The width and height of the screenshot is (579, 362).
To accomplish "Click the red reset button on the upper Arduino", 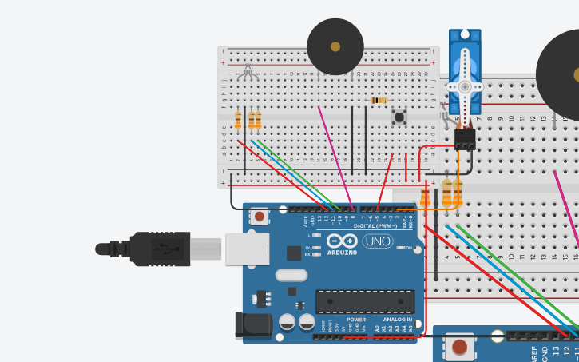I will pyautogui.click(x=260, y=216).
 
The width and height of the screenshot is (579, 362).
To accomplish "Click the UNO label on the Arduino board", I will pyautogui.click(x=378, y=241).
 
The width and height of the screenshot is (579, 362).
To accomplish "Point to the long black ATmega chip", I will pyautogui.click(x=365, y=301).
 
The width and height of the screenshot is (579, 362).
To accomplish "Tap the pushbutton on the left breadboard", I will pyautogui.click(x=398, y=118).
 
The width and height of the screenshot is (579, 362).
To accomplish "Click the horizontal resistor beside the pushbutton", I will pyautogui.click(x=379, y=100).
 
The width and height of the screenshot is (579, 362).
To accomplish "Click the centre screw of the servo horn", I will pyautogui.click(x=464, y=86).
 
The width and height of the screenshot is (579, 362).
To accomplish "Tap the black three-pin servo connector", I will pyautogui.click(x=464, y=140).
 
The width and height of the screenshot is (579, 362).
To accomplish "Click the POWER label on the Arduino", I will pyautogui.click(x=356, y=320).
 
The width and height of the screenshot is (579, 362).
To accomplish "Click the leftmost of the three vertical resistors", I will pyautogui.click(x=238, y=120).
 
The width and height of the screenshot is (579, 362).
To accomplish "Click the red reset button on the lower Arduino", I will pyautogui.click(x=460, y=348).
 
